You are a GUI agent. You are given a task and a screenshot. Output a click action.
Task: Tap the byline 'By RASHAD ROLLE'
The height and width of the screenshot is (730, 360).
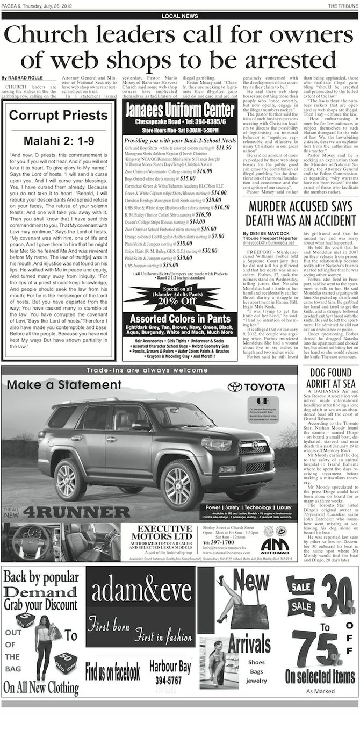pyautogui.click(x=19, y=79)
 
